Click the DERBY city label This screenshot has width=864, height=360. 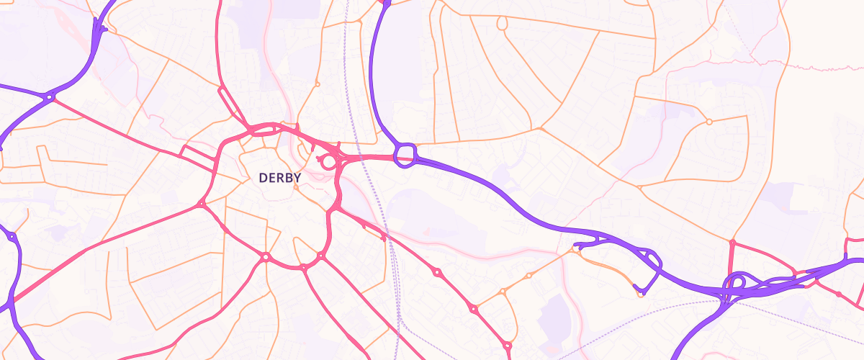(x=279, y=177)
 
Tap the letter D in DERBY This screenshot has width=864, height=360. (x=263, y=177)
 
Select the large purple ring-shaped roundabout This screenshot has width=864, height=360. (x=405, y=154)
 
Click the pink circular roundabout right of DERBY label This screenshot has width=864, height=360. (x=328, y=161)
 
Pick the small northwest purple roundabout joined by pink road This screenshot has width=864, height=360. (x=50, y=96)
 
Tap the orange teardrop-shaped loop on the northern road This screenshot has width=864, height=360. (x=502, y=24)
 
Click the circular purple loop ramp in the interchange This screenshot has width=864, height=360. (x=737, y=282)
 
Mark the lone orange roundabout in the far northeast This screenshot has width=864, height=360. (x=708, y=122)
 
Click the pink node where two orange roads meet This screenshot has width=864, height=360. (x=732, y=243)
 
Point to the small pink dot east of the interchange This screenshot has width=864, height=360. (x=838, y=294)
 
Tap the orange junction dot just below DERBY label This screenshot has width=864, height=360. (x=294, y=186)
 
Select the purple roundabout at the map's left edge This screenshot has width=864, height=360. (x=12, y=236)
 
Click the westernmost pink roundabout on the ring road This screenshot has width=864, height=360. (x=202, y=204)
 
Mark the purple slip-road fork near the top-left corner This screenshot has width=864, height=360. (x=99, y=30)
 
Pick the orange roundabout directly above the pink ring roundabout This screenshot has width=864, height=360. (x=317, y=84)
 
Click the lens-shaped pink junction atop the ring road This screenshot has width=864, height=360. (x=263, y=130)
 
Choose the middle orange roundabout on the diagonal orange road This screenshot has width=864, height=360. (x=528, y=276)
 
